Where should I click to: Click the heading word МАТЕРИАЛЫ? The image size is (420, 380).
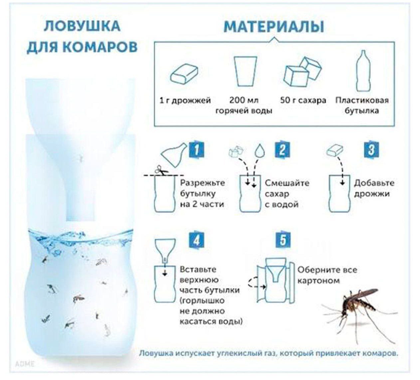(274, 27)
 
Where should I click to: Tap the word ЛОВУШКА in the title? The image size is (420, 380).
(82, 26)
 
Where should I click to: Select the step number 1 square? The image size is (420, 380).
(197, 150)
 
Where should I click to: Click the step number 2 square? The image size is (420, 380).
(283, 150)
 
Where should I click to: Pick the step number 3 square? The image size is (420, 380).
(371, 150)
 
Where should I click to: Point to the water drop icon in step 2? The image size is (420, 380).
(259, 151)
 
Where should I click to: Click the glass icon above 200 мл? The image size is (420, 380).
(245, 71)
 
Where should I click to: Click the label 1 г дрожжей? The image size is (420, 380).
(185, 101)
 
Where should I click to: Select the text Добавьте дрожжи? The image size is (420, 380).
(374, 188)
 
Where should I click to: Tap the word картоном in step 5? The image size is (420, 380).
(319, 281)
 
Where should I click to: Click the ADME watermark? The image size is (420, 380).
(25, 364)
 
